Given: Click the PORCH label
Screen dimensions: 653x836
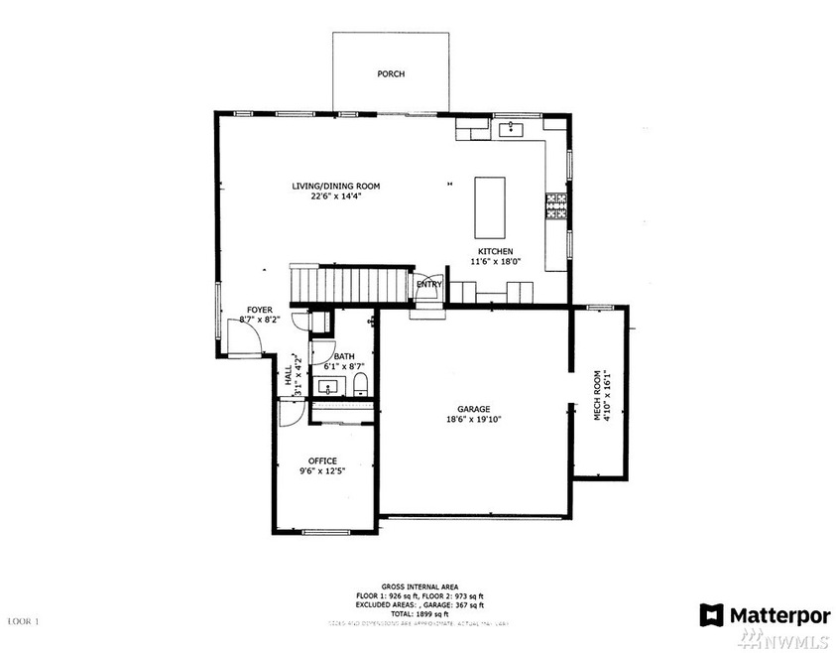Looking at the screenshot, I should pyautogui.click(x=391, y=74).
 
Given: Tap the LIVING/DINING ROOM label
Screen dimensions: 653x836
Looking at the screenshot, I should pyautogui.click(x=335, y=186).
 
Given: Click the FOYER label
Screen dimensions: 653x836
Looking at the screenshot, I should pyautogui.click(x=259, y=311).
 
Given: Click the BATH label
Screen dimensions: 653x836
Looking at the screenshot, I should pyautogui.click(x=344, y=356).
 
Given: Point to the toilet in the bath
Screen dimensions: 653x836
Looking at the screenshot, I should pyautogui.click(x=360, y=384).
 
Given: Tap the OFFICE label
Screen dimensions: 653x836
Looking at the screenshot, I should pyautogui.click(x=322, y=460).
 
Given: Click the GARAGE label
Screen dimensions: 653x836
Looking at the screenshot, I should pyautogui.click(x=473, y=408).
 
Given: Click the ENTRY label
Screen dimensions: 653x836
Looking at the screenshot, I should pyautogui.click(x=428, y=285).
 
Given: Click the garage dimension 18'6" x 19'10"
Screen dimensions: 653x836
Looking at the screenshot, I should pyautogui.click(x=473, y=420).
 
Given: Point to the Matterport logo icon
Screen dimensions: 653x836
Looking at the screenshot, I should pyautogui.click(x=711, y=614).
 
